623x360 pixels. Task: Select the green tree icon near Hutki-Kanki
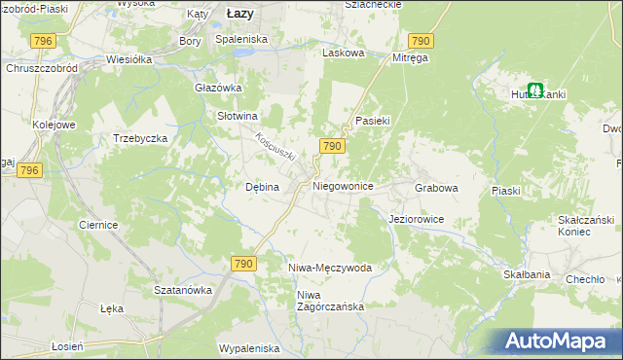(x=535, y=90)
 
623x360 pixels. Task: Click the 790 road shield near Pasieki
(x=331, y=146)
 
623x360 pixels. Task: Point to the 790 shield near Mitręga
(x=420, y=40)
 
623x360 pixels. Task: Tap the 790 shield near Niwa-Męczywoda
(x=243, y=264)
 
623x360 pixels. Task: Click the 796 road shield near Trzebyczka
(x=29, y=170)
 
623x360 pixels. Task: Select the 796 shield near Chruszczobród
(x=42, y=40)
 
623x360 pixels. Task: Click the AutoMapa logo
(x=556, y=341)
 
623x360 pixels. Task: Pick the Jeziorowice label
(x=416, y=220)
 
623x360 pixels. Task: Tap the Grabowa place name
(x=436, y=187)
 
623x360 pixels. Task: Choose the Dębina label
(x=262, y=187)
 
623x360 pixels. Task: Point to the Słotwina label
(x=236, y=115)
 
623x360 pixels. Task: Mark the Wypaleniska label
(x=249, y=348)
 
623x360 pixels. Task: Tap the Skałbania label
(x=527, y=275)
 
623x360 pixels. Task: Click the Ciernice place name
(x=98, y=225)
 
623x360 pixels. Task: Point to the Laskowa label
(x=343, y=54)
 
